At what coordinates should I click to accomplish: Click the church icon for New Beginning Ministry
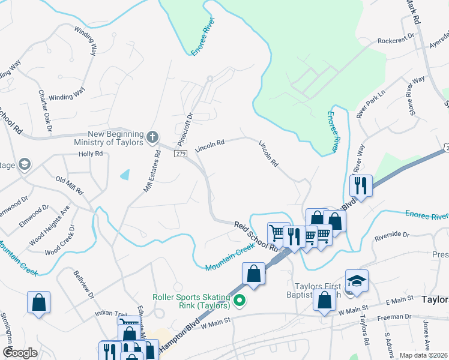(152, 137)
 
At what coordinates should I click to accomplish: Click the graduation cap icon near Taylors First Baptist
(357, 280)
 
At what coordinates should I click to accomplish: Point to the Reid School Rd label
(256, 235)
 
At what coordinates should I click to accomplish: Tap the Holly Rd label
(91, 154)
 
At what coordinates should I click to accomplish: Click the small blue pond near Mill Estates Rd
(124, 175)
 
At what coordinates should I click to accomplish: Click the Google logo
(20, 353)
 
